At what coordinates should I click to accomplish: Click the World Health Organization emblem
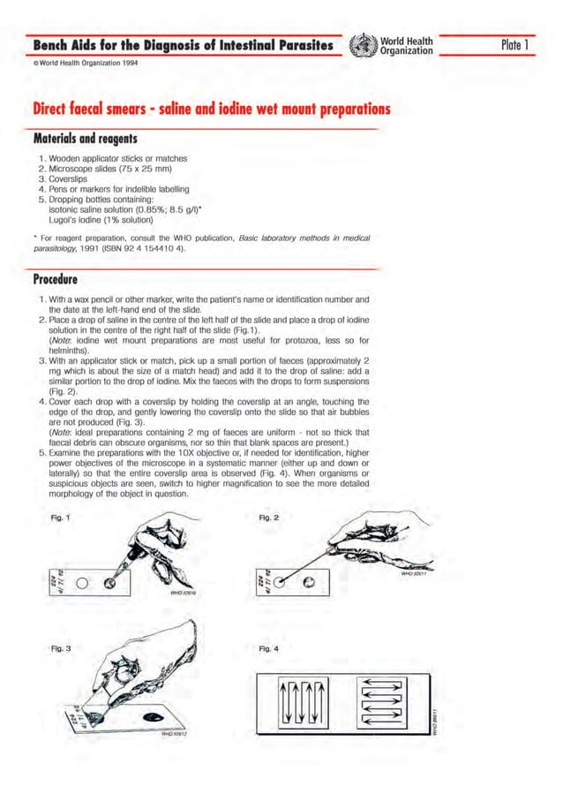[359, 45]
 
